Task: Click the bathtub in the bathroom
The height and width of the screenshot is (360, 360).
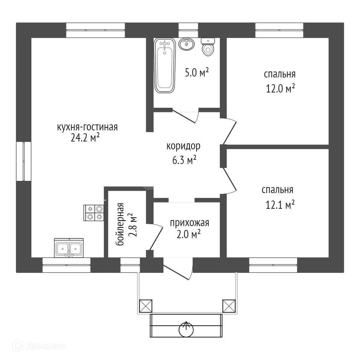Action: (x=164, y=65)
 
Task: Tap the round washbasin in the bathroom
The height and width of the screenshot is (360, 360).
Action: (x=187, y=44)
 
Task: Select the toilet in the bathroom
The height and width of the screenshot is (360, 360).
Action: (x=208, y=47)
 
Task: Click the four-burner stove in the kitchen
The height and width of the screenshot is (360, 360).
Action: (x=94, y=213)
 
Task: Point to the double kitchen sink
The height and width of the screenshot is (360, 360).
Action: (x=69, y=248)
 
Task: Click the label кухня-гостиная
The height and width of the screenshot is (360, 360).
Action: (x=87, y=127)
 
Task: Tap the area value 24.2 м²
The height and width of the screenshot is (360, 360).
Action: (x=85, y=138)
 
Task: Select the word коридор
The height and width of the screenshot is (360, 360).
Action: (x=183, y=146)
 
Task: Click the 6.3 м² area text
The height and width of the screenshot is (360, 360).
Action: (x=184, y=160)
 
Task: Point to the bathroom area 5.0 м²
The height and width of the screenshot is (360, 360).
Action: (x=197, y=73)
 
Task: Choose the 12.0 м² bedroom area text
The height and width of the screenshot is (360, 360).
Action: (x=280, y=89)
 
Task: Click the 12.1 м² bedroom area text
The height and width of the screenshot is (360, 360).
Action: (x=280, y=205)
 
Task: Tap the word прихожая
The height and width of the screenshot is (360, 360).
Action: (x=189, y=223)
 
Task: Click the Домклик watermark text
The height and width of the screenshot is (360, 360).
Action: (x=46, y=346)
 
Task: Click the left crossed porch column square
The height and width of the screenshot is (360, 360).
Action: (x=146, y=306)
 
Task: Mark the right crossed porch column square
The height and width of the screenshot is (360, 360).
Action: (x=229, y=306)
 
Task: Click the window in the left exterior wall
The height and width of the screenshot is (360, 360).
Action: (x=24, y=161)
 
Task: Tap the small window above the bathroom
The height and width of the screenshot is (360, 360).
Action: (x=188, y=30)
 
